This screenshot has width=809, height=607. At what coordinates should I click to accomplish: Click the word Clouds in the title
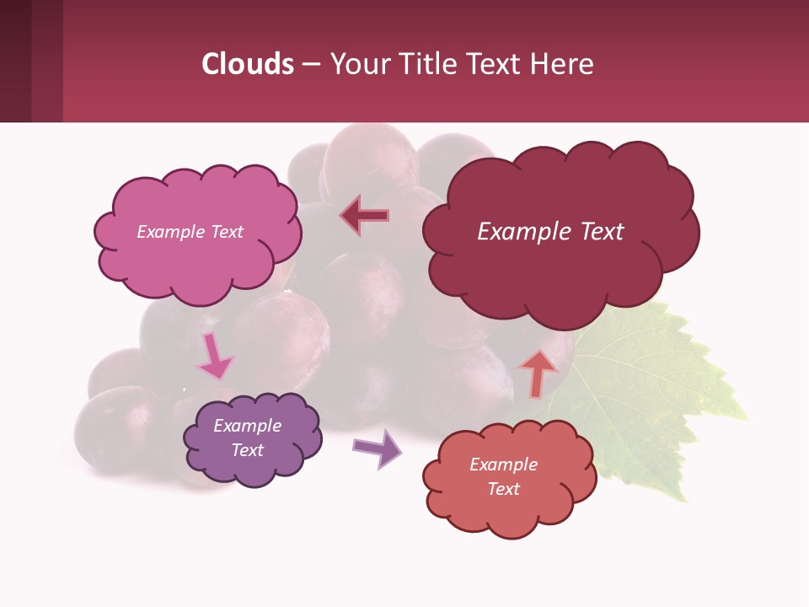[248, 64]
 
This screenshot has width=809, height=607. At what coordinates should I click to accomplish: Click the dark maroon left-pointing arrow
[364, 215]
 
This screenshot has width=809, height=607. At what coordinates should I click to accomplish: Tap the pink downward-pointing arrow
[214, 357]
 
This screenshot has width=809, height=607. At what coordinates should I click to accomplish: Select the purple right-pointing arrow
[378, 448]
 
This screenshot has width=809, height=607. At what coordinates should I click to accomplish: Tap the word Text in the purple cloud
[248, 450]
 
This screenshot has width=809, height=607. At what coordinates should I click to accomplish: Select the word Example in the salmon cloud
[503, 465]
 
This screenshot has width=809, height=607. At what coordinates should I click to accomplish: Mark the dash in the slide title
[311, 65]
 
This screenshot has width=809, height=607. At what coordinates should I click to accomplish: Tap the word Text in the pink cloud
[227, 232]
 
